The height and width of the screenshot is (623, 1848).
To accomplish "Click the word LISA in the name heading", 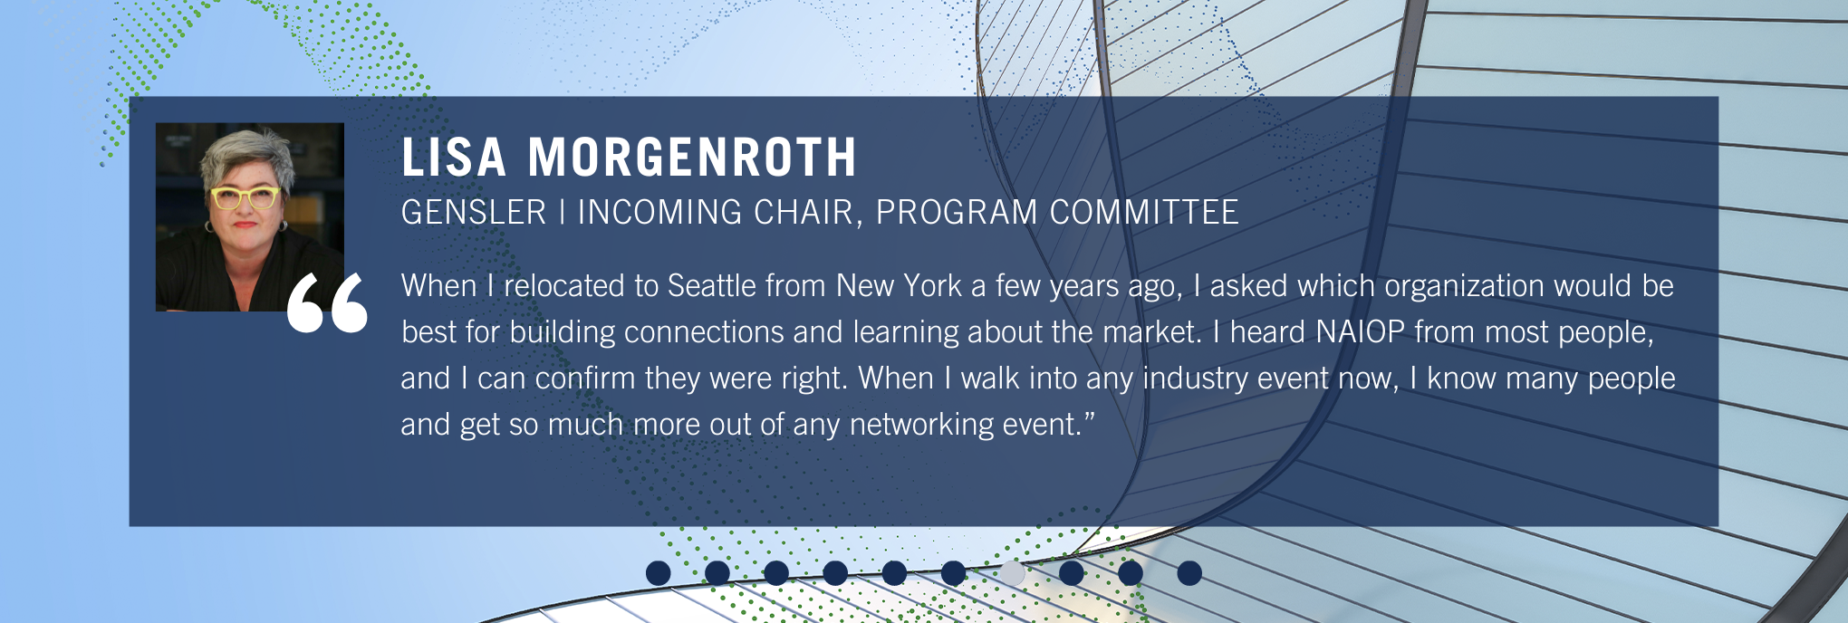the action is coord(454,158).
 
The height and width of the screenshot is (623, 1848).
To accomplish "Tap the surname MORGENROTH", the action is coord(692,158).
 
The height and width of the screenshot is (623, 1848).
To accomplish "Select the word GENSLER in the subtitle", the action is coord(474,213).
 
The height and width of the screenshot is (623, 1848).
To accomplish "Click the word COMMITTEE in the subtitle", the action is coord(1144,213).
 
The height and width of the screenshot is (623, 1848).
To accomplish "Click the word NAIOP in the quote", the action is coord(1360,332).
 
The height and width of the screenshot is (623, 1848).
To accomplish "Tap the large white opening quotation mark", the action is coord(327,302).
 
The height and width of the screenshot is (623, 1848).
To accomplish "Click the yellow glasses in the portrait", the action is coord(245,196).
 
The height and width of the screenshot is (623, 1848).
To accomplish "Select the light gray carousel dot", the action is coord(1012,573).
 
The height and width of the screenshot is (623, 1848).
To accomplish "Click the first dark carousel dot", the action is coord(659,573).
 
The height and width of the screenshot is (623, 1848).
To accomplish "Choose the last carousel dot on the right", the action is coord(1189,573).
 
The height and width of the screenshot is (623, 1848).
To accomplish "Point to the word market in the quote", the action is coord(1152,332).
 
